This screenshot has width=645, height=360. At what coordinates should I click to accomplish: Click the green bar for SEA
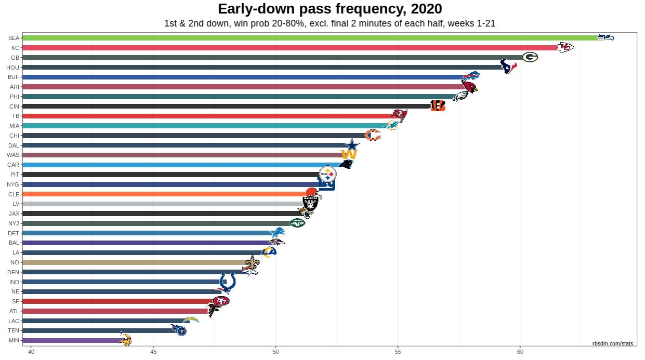pos(312,38)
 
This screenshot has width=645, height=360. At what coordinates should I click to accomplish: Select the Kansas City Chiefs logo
pos(565,47)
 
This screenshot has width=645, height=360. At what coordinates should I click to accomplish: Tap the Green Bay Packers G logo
pos(530,57)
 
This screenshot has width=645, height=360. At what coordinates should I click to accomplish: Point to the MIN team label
pos(14,340)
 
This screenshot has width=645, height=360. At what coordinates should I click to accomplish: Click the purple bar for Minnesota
pos(73,340)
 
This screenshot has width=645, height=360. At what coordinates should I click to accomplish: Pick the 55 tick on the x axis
pos(398,352)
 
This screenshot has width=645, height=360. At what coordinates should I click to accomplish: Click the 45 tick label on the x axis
pos(153,352)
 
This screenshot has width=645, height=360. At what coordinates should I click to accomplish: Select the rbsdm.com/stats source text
pos(613,343)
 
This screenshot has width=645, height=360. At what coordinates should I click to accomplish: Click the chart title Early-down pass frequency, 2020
pos(330,9)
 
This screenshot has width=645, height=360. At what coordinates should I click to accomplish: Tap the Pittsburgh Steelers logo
pos(327,174)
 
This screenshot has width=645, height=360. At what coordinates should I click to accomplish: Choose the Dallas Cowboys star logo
pos(353,145)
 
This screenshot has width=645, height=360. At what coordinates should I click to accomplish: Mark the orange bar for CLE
pos(166,194)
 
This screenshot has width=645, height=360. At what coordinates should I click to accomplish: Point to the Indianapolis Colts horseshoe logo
pos(227,281)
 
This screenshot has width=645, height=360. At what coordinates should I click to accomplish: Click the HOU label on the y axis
pos(13,67)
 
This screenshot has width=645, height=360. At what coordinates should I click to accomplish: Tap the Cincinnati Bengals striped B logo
pos(438,106)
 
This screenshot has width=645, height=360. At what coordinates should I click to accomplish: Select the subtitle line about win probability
pos(330,23)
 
